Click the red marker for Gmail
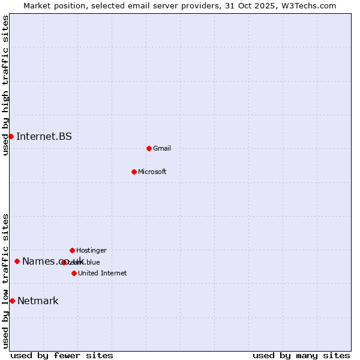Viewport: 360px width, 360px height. click(x=149, y=148)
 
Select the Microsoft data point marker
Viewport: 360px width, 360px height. click(x=134, y=172)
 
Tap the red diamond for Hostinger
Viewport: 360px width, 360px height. click(x=72, y=250)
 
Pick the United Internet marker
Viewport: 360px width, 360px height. click(x=74, y=273)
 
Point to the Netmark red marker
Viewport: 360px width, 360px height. click(x=12, y=301)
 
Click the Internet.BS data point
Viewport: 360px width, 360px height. click(x=11, y=136)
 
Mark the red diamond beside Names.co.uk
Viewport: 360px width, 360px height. click(x=17, y=261)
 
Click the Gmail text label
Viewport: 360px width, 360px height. click(x=162, y=148)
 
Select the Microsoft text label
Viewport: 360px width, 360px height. click(x=152, y=172)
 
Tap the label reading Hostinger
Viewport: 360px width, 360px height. click(x=91, y=250)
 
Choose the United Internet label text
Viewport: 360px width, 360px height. click(x=103, y=273)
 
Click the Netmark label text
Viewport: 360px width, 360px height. click(x=38, y=301)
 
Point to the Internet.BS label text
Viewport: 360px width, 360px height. click(x=44, y=136)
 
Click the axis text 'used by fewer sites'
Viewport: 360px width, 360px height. click(x=62, y=355)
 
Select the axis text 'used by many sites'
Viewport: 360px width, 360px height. click(x=301, y=355)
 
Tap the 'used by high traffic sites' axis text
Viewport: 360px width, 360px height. click(x=5, y=85)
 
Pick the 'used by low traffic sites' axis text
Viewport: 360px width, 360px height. click(x=5, y=281)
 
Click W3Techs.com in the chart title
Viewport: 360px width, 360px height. click(x=311, y=5)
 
